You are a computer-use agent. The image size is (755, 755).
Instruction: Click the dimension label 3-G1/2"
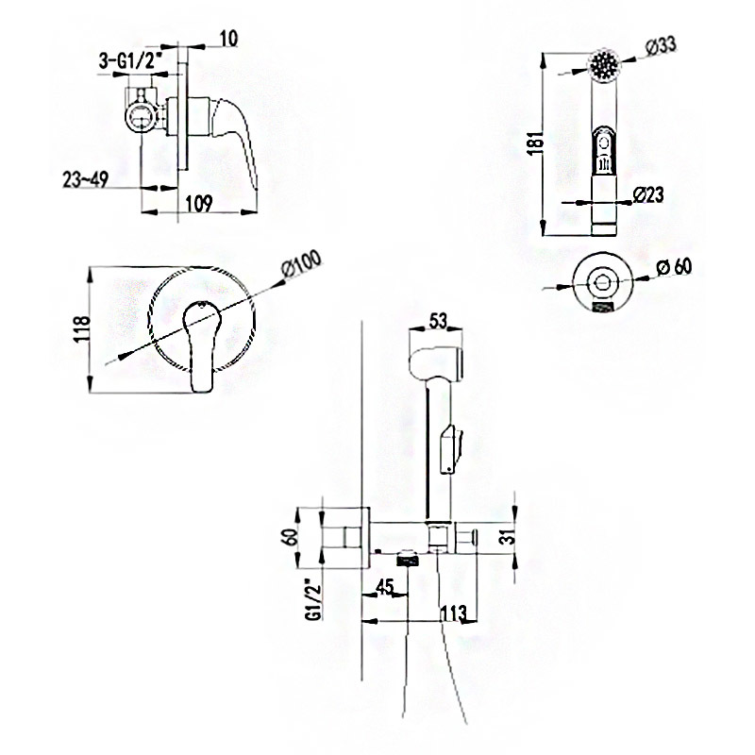pos(126,61)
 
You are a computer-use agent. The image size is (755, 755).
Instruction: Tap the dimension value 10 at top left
pos(228,39)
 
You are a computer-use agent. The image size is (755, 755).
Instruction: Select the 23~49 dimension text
pos(85,179)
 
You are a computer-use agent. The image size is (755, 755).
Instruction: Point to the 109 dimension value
pos(199,203)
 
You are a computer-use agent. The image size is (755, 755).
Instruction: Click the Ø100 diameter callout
pos(301,265)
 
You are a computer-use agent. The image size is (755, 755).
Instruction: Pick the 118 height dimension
pos(82,328)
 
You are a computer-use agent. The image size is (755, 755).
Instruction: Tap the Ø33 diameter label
pos(660,46)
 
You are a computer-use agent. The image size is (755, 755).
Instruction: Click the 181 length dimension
pos(535,142)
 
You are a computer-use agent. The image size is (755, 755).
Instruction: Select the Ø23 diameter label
pos(648,195)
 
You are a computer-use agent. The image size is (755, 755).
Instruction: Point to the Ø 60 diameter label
pos(674,267)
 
